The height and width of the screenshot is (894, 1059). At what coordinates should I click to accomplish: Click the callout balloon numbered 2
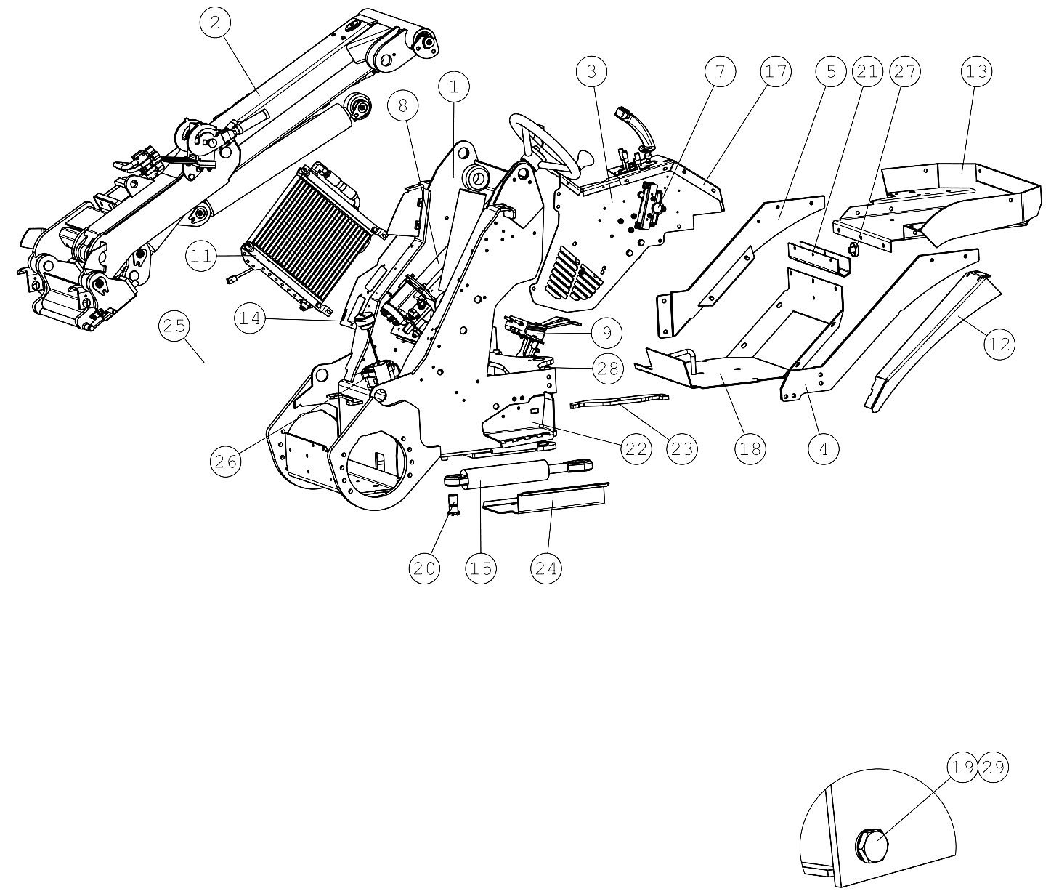point(215,23)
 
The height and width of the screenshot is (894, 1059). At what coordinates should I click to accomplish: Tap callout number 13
point(976,71)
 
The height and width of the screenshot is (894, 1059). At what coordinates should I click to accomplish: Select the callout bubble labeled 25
point(174,326)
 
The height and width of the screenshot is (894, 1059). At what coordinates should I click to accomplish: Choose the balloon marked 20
point(424,568)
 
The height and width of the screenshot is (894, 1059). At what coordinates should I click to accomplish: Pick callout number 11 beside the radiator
point(201,256)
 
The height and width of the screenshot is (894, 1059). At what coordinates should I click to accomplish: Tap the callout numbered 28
point(608,368)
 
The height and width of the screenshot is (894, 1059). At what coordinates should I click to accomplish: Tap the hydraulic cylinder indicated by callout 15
point(517,473)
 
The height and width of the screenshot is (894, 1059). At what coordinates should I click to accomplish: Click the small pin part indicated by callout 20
point(453,504)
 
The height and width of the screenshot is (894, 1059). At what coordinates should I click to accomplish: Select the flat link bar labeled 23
point(620,400)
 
